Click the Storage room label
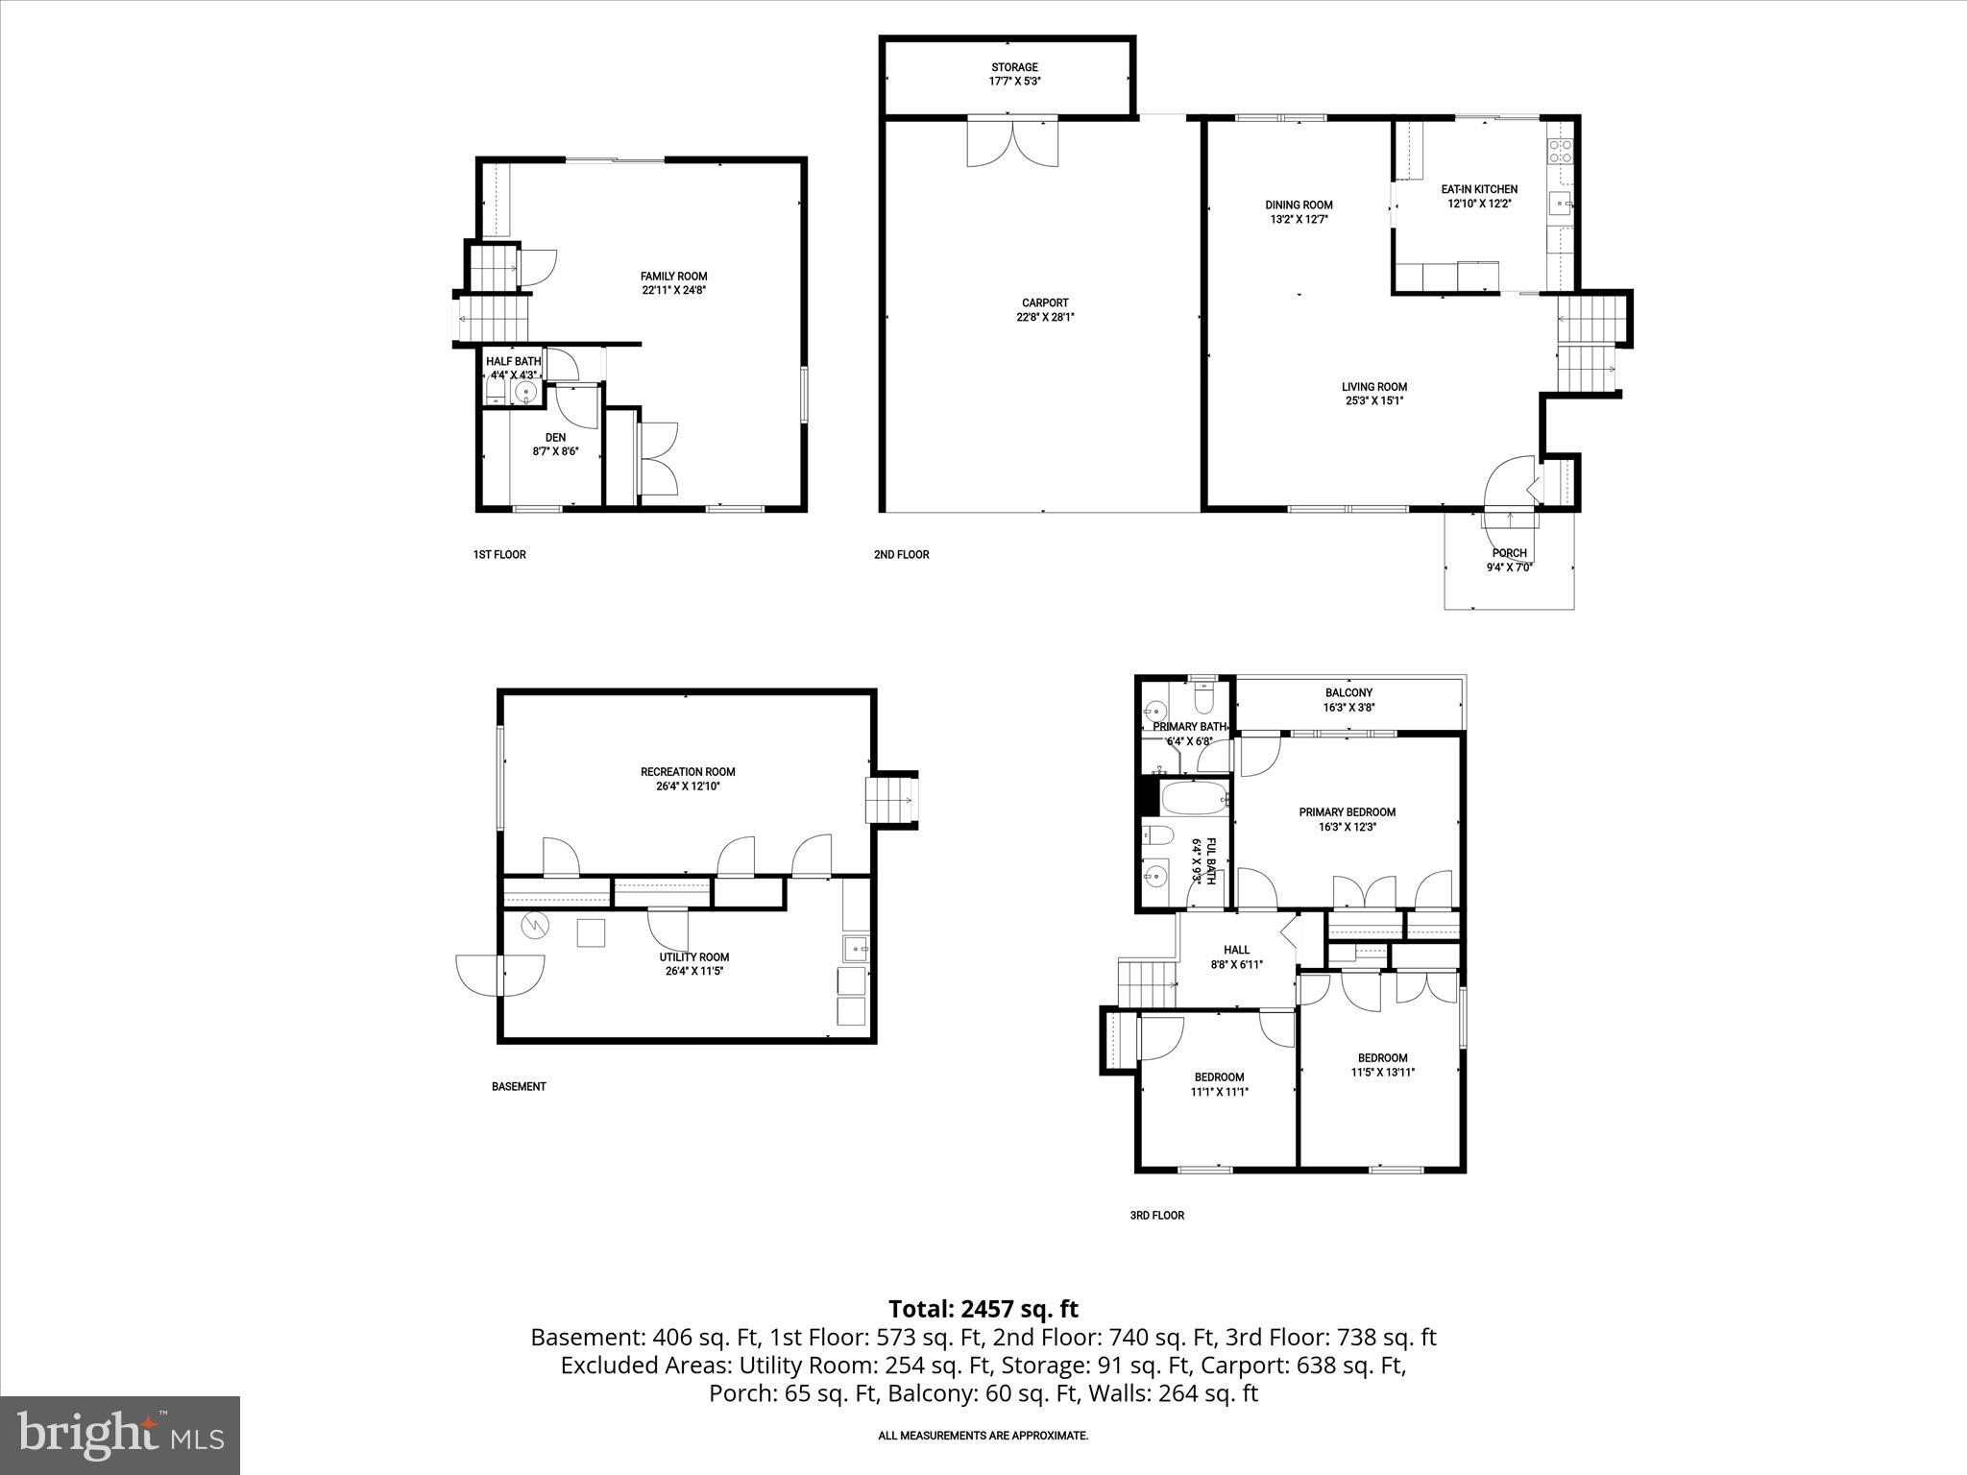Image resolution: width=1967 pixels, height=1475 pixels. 1014,67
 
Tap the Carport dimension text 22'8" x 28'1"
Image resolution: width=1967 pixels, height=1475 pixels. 1045,317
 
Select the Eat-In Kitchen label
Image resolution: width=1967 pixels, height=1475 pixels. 1479,189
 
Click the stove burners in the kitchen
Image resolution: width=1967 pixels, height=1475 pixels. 1560,151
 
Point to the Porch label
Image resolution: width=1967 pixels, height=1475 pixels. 1509,553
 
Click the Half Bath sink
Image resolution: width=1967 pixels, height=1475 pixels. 525,392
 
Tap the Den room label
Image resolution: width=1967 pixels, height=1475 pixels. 555,437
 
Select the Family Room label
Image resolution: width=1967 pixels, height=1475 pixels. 673,277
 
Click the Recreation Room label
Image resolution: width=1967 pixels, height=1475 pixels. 688,772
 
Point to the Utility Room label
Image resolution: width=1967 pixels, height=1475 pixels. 693,957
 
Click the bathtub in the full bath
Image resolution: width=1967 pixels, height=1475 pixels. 1194,797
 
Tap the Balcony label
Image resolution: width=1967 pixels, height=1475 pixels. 1348,692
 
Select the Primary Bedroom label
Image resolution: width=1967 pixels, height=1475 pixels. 1347,812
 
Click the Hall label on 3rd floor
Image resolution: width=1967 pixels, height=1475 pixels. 1236,950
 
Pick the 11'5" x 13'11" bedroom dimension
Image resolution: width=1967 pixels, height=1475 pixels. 1382,1073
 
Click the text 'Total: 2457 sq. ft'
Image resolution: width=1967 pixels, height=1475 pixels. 983,1309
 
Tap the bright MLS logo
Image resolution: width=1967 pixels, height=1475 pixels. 120,1435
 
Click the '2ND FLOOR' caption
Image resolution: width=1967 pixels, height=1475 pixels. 901,554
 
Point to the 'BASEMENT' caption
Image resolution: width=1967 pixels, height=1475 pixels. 519,1087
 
